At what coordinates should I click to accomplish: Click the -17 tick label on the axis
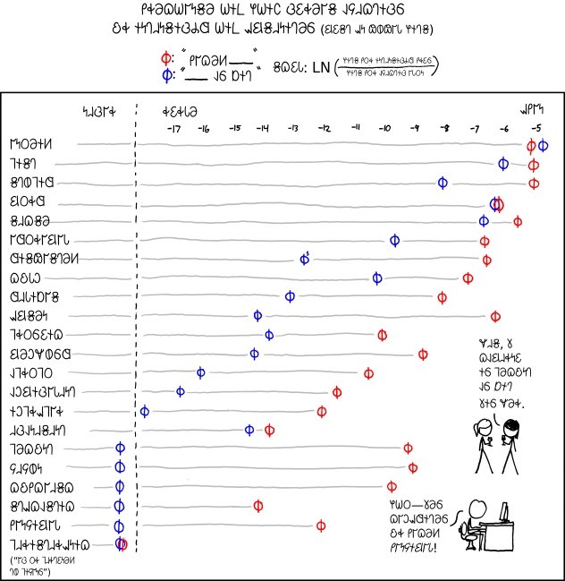click(x=173, y=129)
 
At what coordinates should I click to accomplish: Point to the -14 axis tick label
click(x=263, y=129)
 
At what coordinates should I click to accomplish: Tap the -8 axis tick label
click(x=445, y=129)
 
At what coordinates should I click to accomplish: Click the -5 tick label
click(x=535, y=129)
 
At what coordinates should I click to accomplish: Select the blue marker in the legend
click(x=165, y=75)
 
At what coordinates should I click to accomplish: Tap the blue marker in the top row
click(x=543, y=145)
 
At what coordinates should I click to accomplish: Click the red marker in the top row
click(x=532, y=145)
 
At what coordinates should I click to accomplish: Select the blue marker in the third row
click(x=443, y=184)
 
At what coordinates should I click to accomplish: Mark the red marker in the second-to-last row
click(x=321, y=525)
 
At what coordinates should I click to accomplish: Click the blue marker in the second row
click(x=504, y=164)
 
